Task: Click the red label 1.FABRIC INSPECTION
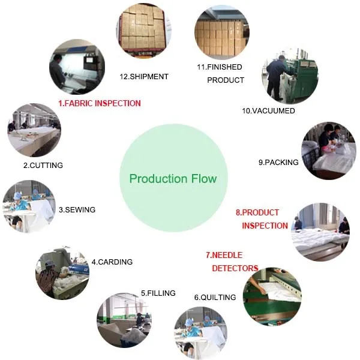coord(100,103)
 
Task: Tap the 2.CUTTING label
coord(43,165)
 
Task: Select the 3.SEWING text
coord(77,210)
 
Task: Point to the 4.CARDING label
coord(112,262)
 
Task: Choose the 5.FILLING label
coord(158,293)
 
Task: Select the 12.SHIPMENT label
coord(145,76)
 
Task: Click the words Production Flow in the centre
coord(173,179)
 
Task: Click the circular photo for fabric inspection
coord(77,67)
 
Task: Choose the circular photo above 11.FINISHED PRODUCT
coord(221,33)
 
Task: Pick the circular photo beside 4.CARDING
coord(62,271)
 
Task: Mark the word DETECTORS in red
coord(235,268)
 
